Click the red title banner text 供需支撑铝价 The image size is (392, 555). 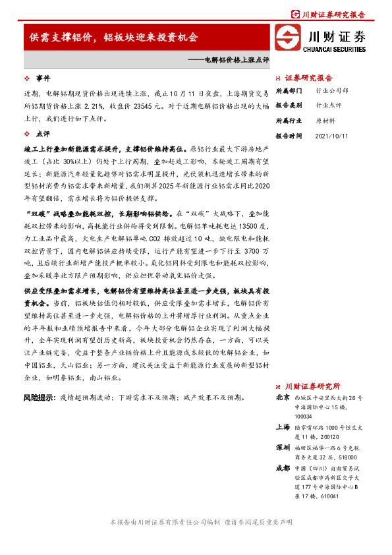click(x=63, y=38)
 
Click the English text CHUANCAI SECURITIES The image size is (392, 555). click(x=335, y=49)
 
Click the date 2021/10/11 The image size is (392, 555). click(x=331, y=135)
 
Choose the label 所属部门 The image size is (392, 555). click(x=289, y=90)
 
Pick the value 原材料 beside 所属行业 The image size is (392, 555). click(x=325, y=120)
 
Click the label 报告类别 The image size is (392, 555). click(x=289, y=105)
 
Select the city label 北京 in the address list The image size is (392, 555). click(x=283, y=398)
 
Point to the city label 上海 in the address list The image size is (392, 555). click(x=283, y=426)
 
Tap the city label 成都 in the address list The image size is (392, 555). click(x=283, y=467)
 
